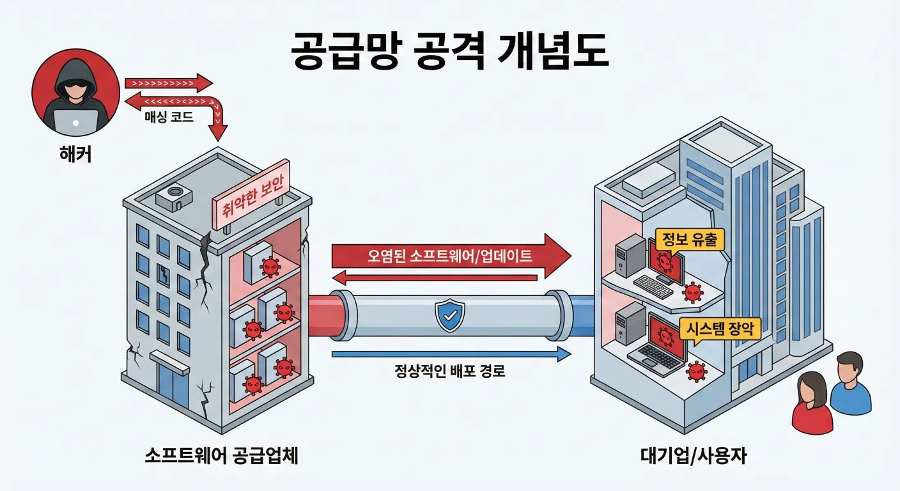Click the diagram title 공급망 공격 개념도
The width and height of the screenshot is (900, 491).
pyautogui.click(x=449, y=49)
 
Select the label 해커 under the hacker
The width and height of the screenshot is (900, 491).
pyautogui.click(x=75, y=154)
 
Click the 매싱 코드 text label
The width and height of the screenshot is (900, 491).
pyautogui.click(x=169, y=118)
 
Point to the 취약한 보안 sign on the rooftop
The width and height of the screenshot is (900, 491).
pyautogui.click(x=252, y=194)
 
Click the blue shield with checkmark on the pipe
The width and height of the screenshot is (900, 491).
pyautogui.click(x=449, y=313)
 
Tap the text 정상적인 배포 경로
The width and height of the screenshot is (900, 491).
pyautogui.click(x=450, y=371)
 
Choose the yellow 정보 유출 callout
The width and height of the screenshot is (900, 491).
pyautogui.click(x=685, y=240)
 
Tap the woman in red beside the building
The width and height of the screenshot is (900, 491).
pyautogui.click(x=812, y=403)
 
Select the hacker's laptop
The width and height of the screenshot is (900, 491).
pyautogui.click(x=75, y=121)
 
